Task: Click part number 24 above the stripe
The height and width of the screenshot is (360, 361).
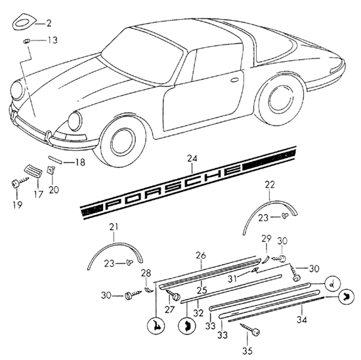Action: (192, 159)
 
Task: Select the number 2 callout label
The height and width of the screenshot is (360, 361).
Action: (49, 23)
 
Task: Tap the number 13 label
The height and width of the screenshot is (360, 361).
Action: (53, 40)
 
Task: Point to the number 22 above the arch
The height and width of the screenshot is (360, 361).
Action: (270, 185)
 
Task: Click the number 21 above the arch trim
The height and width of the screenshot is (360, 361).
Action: (114, 227)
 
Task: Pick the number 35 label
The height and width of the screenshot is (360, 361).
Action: (247, 351)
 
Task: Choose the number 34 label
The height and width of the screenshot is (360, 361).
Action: (302, 319)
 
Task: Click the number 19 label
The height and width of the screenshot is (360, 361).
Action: (18, 205)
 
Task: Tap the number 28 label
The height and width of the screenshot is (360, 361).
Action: (146, 273)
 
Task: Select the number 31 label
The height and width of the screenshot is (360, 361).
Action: (232, 279)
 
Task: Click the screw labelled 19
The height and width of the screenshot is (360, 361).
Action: (20, 182)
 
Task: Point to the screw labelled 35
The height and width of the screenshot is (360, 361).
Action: (250, 329)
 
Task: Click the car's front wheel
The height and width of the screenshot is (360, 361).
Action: (122, 142)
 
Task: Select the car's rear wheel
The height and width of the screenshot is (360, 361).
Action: (280, 101)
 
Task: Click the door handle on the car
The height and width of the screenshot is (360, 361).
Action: (234, 80)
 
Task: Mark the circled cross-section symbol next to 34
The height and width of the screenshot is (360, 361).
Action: (347, 297)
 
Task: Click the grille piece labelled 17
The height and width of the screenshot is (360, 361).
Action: (33, 171)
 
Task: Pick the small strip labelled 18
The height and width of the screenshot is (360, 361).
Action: (55, 159)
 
